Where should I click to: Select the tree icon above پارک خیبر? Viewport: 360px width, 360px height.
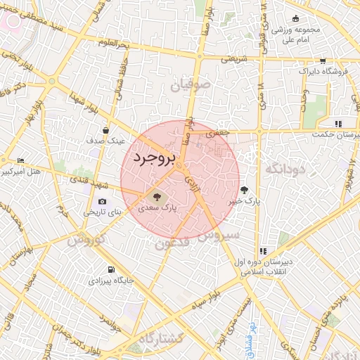244,190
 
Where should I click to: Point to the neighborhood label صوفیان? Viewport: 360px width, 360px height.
191,86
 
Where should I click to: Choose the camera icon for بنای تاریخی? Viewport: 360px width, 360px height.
103,201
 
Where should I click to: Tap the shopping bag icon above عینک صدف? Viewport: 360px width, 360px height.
105,130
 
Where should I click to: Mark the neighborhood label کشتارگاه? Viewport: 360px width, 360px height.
160,340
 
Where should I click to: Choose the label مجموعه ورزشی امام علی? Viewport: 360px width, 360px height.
296,36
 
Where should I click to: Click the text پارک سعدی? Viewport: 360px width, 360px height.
158,208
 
